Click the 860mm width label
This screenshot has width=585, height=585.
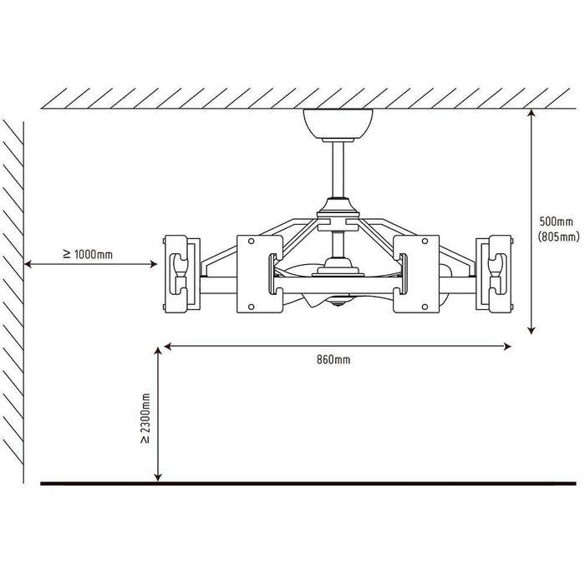tap(333, 359)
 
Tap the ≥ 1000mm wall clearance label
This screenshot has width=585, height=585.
tap(88, 254)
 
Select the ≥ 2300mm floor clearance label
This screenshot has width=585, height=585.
tap(145, 418)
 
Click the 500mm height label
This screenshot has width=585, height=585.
tap(556, 221)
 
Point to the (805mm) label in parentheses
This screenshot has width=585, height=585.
tap(558, 237)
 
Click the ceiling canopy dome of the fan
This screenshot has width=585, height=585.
tap(338, 125)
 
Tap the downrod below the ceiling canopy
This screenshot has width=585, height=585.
tap(338, 170)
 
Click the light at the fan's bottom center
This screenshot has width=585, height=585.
tap(338, 302)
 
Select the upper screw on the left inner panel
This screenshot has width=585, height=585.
tap(251, 242)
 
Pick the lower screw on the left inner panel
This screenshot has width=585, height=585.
tap(251, 307)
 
